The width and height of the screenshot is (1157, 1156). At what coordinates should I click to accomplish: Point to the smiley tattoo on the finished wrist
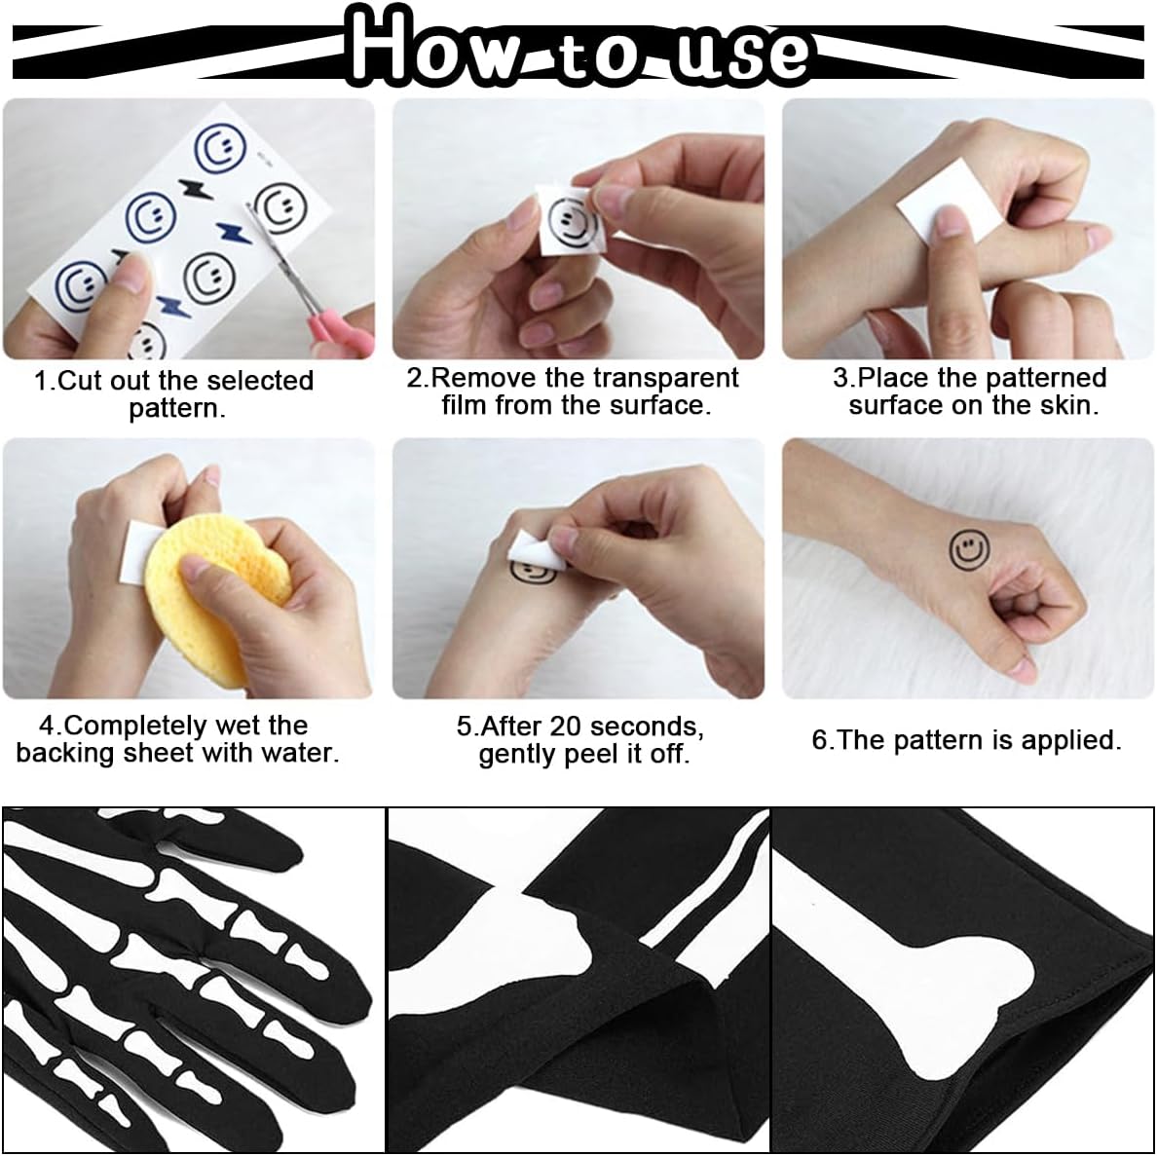point(969,550)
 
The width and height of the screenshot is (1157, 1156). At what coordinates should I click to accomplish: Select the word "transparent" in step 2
point(666,378)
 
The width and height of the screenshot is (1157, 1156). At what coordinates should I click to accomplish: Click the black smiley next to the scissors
point(280,207)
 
